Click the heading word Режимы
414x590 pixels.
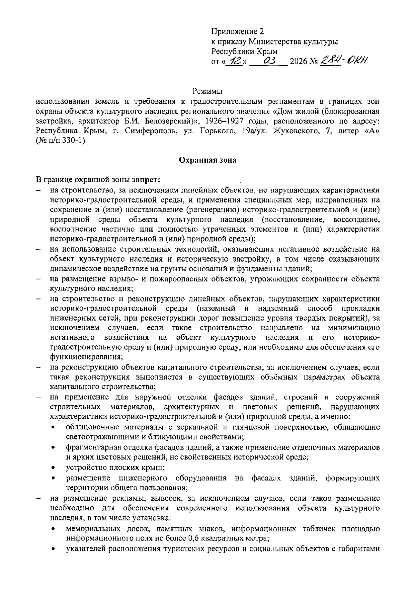pos(207,92)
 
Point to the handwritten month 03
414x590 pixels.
pos(268,61)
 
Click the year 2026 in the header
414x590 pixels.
pos(299,62)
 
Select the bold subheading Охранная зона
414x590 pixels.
pos(207,160)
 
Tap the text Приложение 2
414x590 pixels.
pos(237,32)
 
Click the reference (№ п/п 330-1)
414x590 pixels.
pos(60,141)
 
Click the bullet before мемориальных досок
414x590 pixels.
pos(53,529)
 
